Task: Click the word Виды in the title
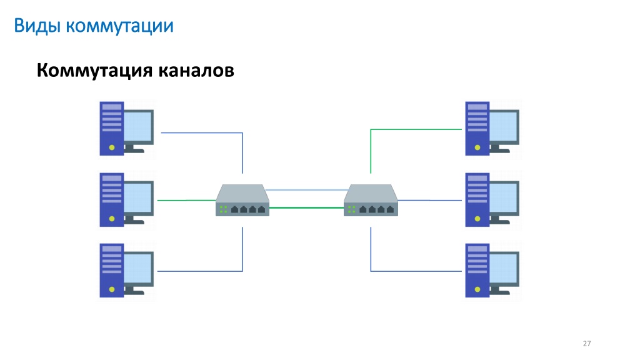tap(37, 26)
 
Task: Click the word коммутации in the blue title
tap(119, 26)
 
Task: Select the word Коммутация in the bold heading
tap(94, 70)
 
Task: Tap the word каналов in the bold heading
tap(196, 70)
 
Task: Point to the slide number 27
tap(586, 344)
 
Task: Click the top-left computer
tap(126, 129)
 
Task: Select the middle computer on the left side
tap(126, 200)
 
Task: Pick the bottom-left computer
tap(126, 271)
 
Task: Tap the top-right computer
tap(492, 129)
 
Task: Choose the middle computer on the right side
tap(492, 200)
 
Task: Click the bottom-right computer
tap(492, 271)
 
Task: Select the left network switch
tap(242, 200)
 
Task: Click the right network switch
tap(371, 200)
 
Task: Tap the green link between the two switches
tap(306, 207)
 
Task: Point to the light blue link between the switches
tap(306, 190)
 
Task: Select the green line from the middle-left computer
tap(186, 201)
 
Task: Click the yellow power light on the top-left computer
tap(112, 147)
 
